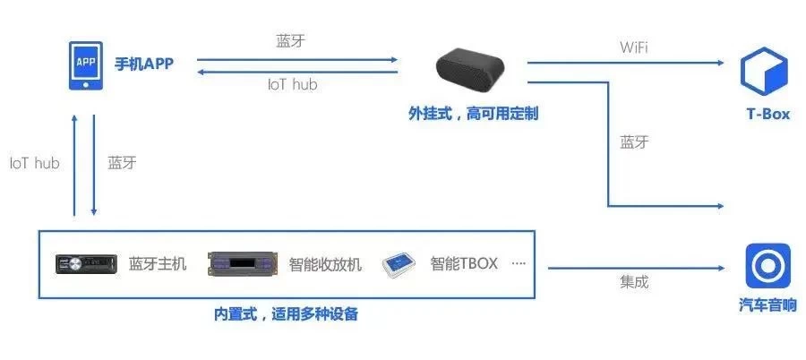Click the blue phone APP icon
click(85, 66)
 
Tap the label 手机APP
click(144, 64)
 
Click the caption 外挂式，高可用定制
click(473, 114)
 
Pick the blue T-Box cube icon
click(764, 71)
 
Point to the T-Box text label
click(768, 114)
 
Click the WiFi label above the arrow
click(634, 47)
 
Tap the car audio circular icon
click(768, 265)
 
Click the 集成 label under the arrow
click(634, 282)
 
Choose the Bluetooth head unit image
click(86, 264)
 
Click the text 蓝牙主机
click(158, 264)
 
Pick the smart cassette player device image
click(243, 264)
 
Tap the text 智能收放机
click(325, 264)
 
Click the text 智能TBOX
click(464, 264)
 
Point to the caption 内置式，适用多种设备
click(286, 313)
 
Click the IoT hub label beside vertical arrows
click(34, 164)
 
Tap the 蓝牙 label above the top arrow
click(291, 42)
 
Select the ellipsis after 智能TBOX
click(519, 264)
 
